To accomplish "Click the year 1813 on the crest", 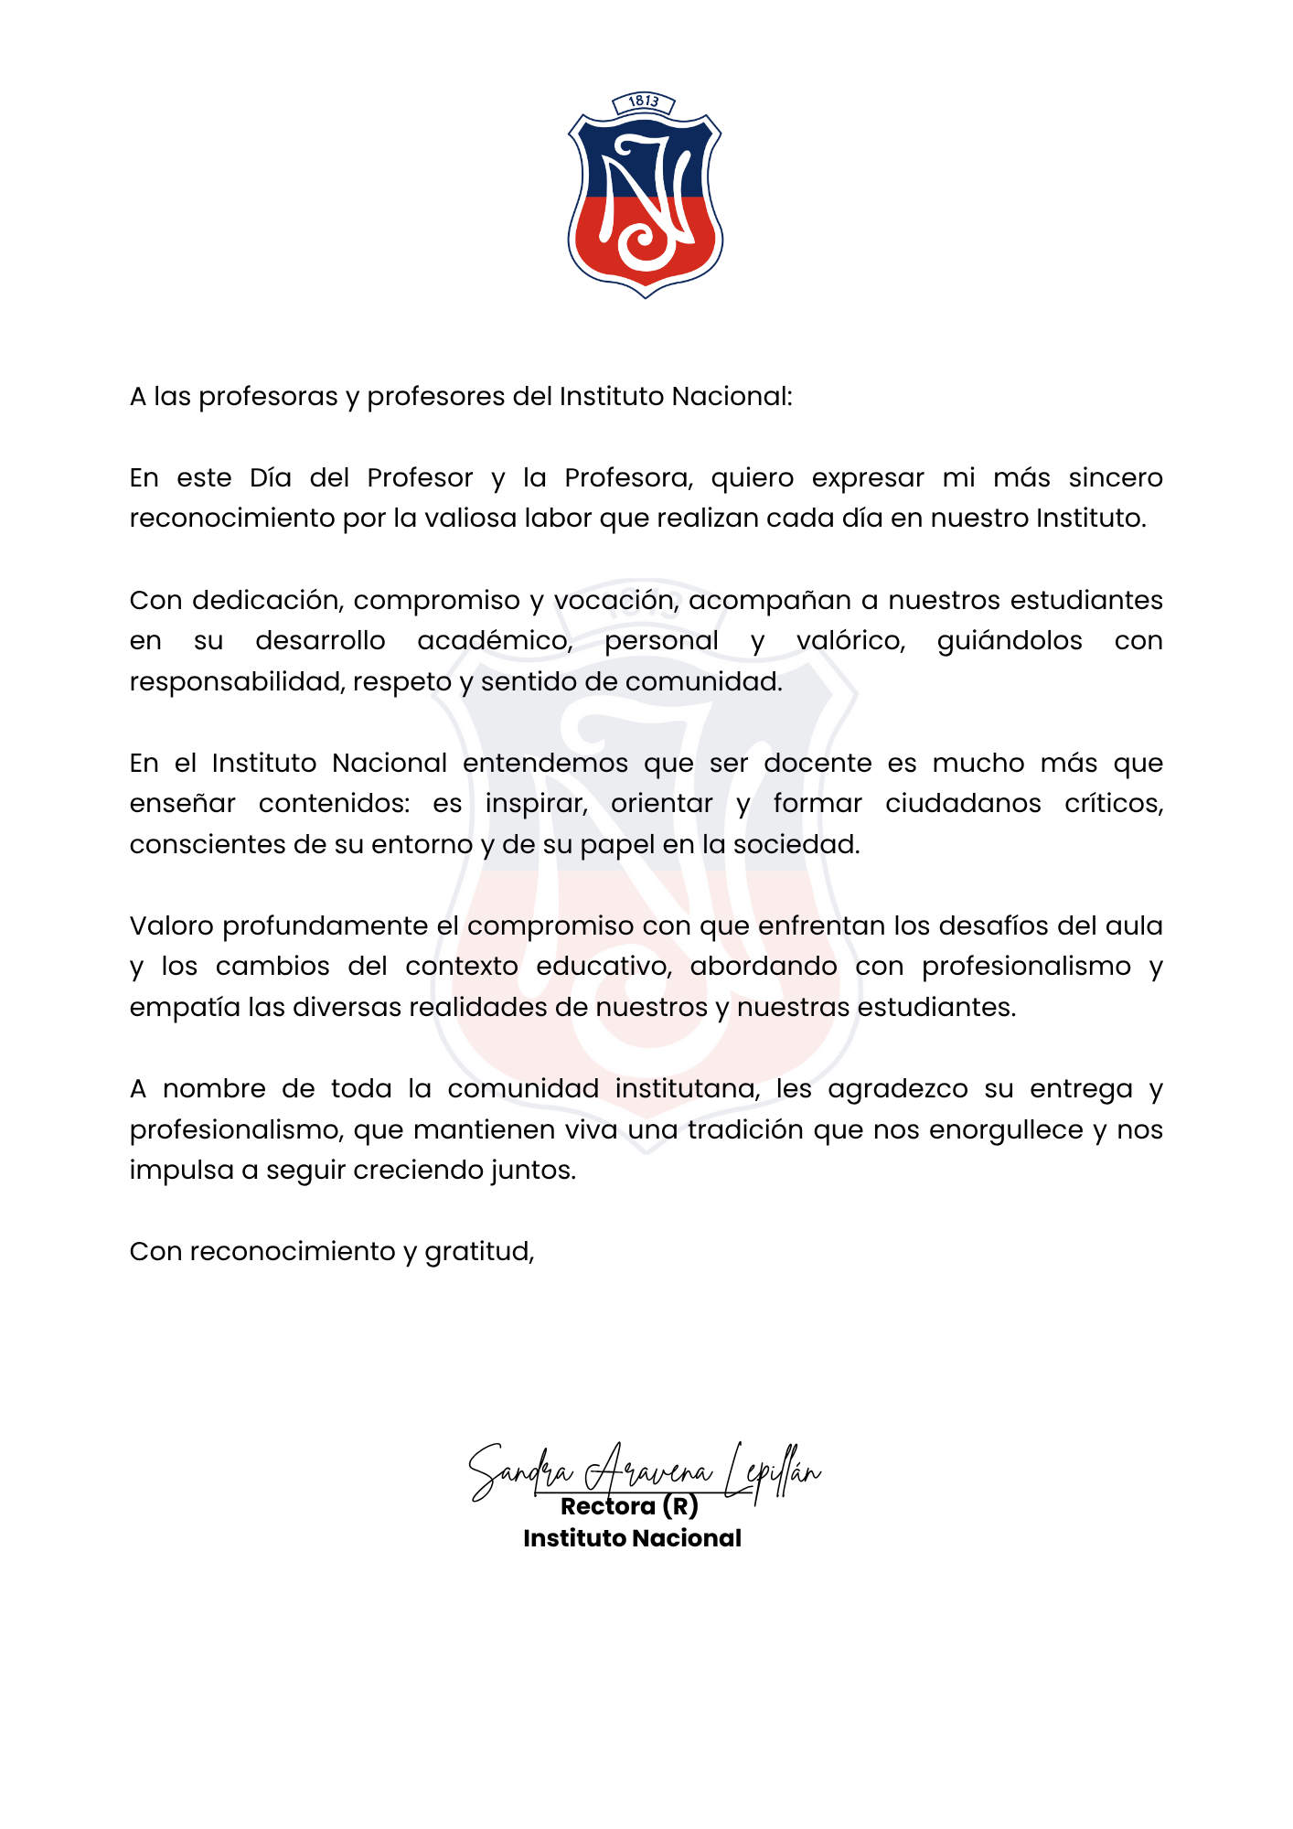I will tap(644, 102).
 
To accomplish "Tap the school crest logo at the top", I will tap(645, 197).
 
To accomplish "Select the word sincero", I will tap(1116, 477).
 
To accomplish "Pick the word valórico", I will tap(850, 640).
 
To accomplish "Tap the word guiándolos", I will tap(1010, 640).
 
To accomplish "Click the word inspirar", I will tap(536, 803).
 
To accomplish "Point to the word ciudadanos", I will tap(963, 803).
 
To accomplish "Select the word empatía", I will tap(184, 1007).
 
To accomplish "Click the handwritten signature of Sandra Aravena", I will tap(645, 1471).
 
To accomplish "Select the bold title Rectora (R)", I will tap(629, 1506).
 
